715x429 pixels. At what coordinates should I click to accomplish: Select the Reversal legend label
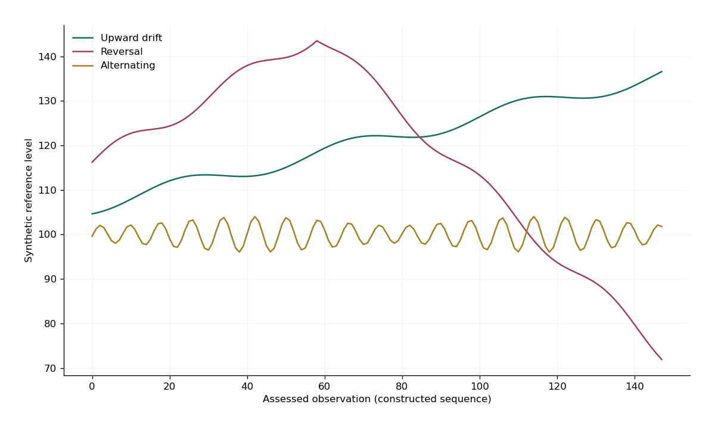pos(122,52)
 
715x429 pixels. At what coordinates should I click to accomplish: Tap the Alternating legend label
pos(128,66)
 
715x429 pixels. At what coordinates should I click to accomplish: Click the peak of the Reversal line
pos(316,41)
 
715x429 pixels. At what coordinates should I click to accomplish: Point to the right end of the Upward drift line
pos(662,71)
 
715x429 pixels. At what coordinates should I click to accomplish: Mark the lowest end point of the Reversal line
pos(662,360)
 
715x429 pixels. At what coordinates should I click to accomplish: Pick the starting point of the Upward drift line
pos(92,214)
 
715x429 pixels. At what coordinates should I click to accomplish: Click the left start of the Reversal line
pos(92,162)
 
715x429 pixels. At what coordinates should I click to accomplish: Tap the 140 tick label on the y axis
pos(47,57)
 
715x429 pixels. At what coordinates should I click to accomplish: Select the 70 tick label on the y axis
pos(50,369)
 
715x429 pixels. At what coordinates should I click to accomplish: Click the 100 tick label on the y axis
pos(47,235)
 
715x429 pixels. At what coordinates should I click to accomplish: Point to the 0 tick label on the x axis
pos(92,387)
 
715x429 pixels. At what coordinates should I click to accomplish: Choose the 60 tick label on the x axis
pos(324,387)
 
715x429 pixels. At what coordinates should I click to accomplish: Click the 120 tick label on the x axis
pos(557,387)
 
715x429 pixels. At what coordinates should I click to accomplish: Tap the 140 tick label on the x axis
pos(635,387)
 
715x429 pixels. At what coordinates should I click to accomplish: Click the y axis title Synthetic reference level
pos(29,200)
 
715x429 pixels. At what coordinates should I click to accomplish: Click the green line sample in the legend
pos(83,38)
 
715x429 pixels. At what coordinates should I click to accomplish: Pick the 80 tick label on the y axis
pos(50,324)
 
